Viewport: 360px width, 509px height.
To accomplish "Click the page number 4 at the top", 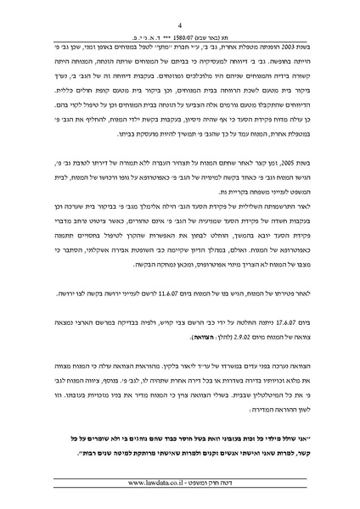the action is coord(181,27).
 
